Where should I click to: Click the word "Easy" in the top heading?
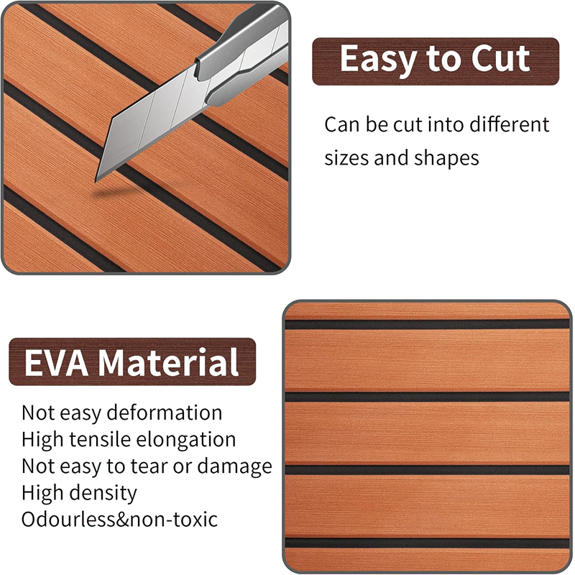coord(377,60)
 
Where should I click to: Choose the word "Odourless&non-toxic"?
coord(119,519)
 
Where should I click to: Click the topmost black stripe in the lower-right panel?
coord(427,324)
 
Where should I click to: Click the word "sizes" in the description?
coord(347,158)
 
